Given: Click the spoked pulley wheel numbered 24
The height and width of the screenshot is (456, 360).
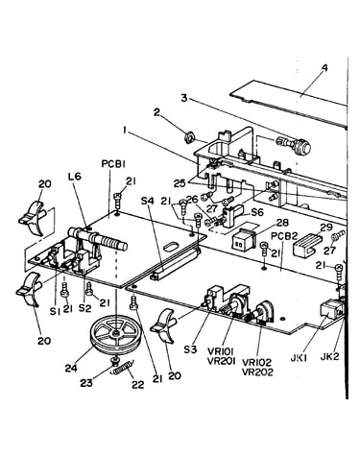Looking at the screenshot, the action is point(114,335).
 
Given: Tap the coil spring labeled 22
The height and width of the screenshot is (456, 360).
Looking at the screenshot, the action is point(124,369).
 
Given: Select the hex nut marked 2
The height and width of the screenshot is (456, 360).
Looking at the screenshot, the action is point(189,138).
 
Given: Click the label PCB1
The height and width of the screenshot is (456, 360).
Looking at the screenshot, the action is point(113,164).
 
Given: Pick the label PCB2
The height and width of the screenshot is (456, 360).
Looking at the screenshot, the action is point(284,236).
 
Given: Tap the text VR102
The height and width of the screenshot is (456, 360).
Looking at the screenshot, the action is point(256,363).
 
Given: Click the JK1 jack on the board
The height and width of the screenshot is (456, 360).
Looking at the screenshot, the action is point(331,312).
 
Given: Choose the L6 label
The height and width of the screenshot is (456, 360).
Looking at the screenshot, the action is point(75,176).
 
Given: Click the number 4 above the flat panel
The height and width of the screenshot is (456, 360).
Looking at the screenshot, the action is point(324,69).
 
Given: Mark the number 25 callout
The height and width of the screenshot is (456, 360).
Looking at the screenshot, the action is point(180,183).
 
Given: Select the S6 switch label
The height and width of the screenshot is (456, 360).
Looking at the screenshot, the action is point(257,212).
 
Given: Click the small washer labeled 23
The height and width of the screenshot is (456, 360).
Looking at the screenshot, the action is point(113,361).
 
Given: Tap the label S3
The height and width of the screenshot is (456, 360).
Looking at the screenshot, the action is point(191,349).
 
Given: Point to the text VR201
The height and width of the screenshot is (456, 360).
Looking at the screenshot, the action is point(222,361).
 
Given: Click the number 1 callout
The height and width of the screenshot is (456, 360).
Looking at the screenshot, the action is point(126,130).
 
